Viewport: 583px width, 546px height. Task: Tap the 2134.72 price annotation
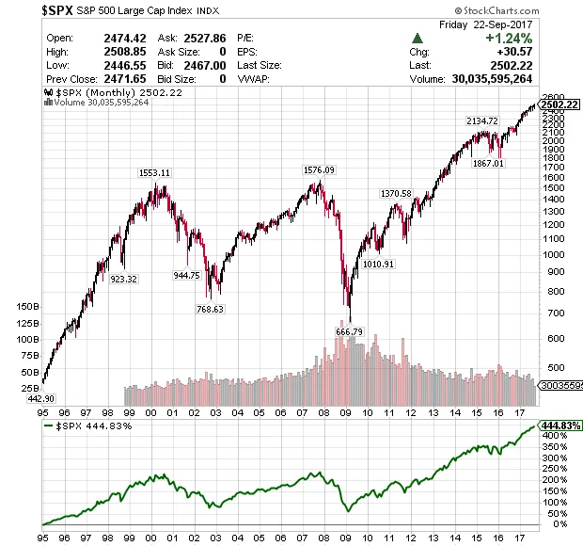click(481, 121)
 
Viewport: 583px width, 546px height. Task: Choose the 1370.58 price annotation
click(395, 193)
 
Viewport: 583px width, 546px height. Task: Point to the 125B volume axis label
click(28, 323)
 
